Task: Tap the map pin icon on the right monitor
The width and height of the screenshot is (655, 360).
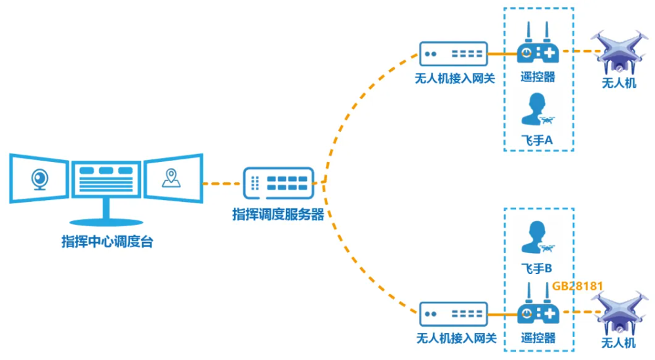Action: tap(172, 177)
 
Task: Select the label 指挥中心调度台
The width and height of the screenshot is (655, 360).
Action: tap(107, 241)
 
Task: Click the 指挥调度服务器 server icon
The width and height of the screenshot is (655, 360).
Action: tap(279, 184)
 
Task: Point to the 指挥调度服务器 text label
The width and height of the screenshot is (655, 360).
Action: tap(278, 214)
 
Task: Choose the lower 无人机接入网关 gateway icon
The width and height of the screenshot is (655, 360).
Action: tap(453, 313)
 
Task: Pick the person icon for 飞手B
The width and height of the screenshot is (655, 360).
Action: tap(536, 237)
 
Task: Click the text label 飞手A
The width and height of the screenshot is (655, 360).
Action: tap(537, 140)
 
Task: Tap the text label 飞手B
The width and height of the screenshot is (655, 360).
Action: tap(537, 268)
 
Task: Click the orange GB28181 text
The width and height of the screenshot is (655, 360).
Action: tap(577, 286)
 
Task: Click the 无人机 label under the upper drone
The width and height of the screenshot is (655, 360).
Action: tap(619, 83)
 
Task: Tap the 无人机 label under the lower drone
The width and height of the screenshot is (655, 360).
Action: tap(619, 343)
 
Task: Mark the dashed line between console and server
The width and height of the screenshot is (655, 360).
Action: tap(221, 184)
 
